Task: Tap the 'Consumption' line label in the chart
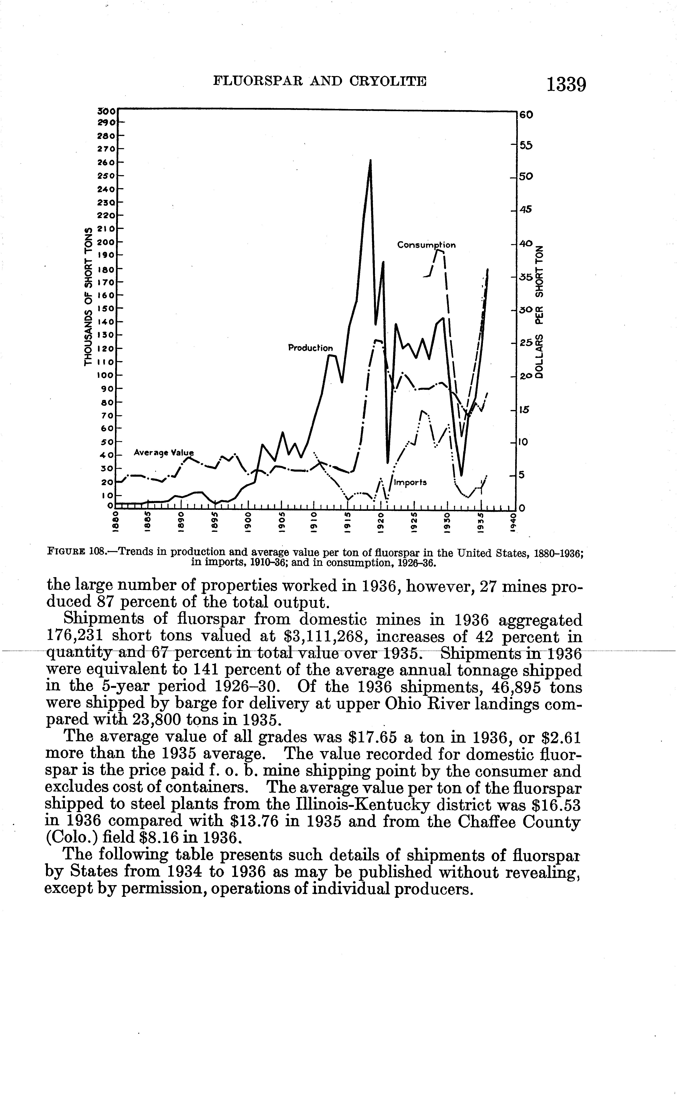click(426, 245)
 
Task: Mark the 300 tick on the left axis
click(107, 110)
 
